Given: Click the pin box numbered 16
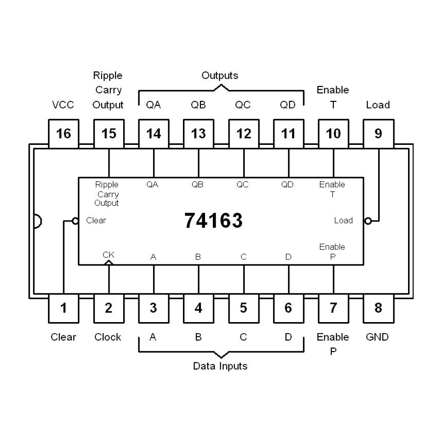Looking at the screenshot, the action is [64, 133].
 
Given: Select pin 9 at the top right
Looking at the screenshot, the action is [379, 133].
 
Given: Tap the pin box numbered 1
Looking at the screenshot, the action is [64, 309].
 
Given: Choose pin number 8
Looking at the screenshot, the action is [379, 309].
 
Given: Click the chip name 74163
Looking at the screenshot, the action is [213, 221].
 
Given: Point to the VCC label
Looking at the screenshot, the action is [63, 105].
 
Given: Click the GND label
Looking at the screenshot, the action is [377, 337].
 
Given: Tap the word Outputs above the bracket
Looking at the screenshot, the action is [220, 76].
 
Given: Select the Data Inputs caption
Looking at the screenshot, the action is [220, 366].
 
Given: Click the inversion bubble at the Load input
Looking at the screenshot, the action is [368, 221].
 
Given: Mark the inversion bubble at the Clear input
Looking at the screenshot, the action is [75, 221].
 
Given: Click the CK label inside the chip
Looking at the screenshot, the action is [108, 255].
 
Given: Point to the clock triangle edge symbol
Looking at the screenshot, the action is [109, 263].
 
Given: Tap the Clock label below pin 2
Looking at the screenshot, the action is [108, 337].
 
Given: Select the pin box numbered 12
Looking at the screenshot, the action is [244, 133].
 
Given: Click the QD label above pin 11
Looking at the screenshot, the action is [288, 105].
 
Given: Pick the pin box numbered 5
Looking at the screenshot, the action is [244, 309].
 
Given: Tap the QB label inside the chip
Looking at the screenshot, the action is [198, 185].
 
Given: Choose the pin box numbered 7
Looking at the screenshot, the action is [334, 309].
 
